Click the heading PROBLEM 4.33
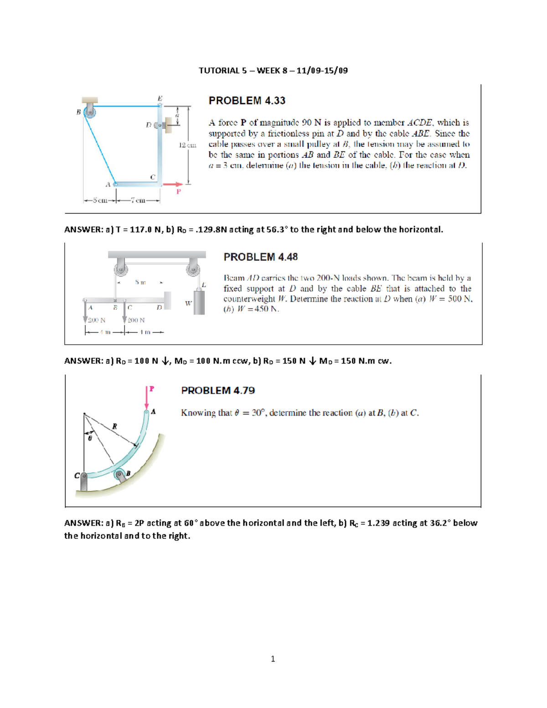pos(247,101)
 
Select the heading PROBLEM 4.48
pos(260,257)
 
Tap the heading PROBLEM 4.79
pos(218,391)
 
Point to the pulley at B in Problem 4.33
pos(90,111)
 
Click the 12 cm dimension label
pos(187,145)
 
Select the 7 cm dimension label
pos(138,200)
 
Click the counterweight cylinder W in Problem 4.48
pos(199,302)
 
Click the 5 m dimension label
pos(140,283)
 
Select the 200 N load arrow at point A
pos(85,313)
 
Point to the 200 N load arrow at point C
pos(124,313)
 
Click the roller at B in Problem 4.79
pos(120,475)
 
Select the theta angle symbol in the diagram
pos(90,438)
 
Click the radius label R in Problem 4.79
pos(114,426)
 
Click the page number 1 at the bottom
pos(273,659)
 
